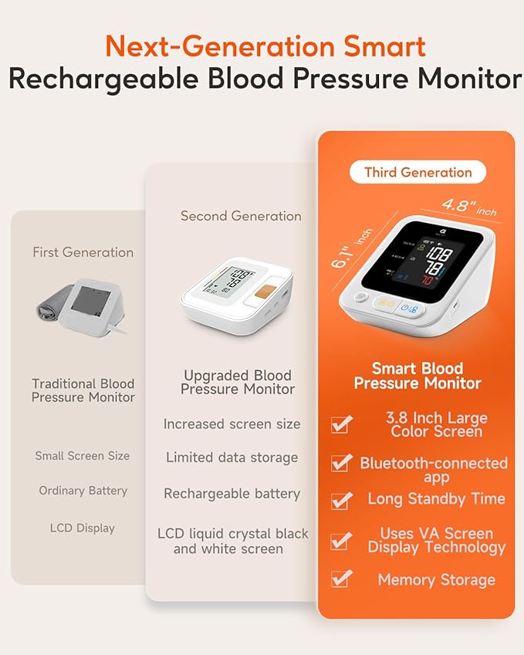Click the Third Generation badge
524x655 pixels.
point(418,172)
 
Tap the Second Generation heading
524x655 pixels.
point(241,216)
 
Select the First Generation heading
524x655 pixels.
point(83,252)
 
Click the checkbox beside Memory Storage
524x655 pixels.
point(341,579)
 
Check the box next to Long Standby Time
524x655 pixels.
point(341,501)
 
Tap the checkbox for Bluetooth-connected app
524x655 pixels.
point(341,462)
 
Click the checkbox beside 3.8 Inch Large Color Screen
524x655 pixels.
point(341,424)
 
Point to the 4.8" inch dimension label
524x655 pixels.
point(469,208)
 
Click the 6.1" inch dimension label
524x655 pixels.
point(350,248)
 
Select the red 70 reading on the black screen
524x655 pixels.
point(428,279)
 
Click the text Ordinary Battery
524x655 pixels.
point(83,491)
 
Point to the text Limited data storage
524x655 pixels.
point(232,457)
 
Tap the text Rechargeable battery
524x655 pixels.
point(232,494)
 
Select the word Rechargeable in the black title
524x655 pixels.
point(103,79)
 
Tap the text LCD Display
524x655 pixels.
point(83,528)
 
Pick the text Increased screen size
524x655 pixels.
point(232,424)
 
